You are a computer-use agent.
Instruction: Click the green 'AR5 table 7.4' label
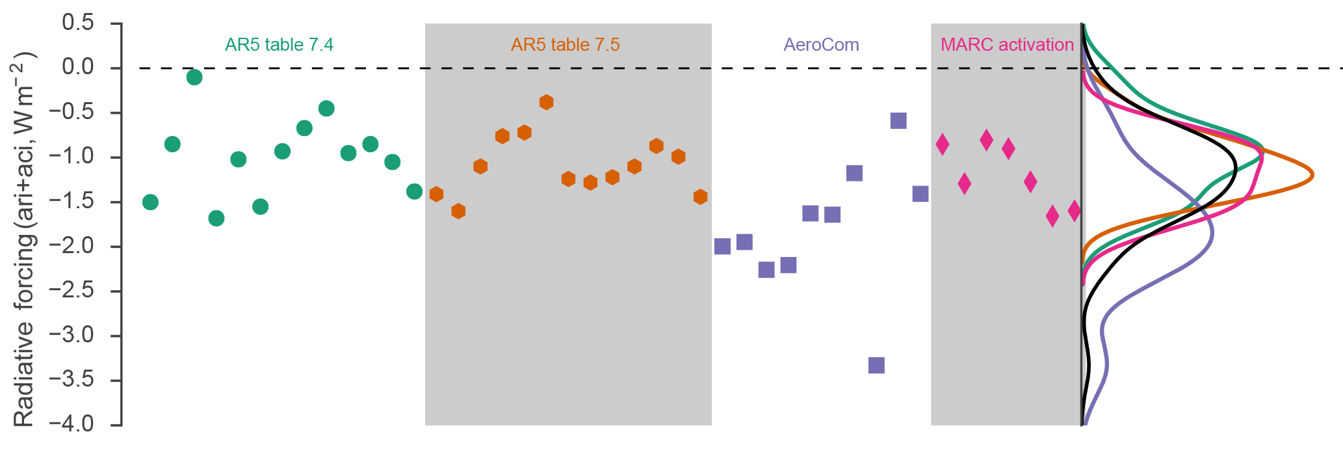click(x=279, y=45)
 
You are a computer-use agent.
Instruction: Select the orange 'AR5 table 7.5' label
click(x=565, y=45)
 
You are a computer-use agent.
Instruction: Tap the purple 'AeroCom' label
click(x=821, y=45)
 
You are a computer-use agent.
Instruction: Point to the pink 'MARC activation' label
click(x=1007, y=45)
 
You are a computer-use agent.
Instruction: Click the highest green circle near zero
click(x=194, y=77)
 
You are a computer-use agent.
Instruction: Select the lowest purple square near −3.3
click(x=876, y=365)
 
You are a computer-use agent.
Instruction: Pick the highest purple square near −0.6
click(x=898, y=120)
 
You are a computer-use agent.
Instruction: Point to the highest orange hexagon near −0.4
click(x=546, y=102)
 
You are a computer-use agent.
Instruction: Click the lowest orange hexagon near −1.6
click(x=458, y=211)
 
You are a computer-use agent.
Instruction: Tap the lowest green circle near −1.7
click(x=216, y=218)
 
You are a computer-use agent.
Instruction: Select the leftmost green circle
click(x=150, y=202)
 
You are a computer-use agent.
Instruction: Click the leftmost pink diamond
click(x=943, y=144)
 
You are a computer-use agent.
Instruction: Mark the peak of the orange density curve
click(x=1312, y=174)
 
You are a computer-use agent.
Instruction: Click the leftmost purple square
click(x=722, y=246)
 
